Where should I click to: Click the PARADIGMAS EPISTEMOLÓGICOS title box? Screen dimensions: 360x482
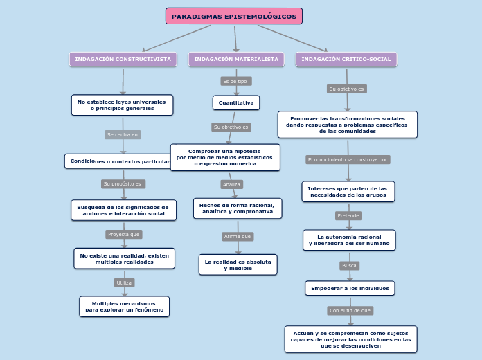(234, 16)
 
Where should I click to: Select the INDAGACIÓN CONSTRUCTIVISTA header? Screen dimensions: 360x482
(123, 60)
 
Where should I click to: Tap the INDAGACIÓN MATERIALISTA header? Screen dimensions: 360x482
(236, 60)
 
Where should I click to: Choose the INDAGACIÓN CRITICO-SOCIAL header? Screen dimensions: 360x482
(346, 60)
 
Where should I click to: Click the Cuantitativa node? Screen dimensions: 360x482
(236, 102)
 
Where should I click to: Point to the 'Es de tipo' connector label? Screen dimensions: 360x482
(235, 81)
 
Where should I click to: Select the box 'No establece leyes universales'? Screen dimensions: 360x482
(122, 105)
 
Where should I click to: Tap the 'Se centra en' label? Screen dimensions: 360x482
(123, 134)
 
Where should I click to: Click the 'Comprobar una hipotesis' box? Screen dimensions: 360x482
(225, 157)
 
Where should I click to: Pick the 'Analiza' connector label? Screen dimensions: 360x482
(231, 184)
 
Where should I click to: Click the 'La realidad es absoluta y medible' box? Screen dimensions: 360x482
(238, 264)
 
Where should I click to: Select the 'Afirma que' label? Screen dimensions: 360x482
(238, 236)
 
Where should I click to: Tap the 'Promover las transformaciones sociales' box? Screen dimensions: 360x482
(348, 125)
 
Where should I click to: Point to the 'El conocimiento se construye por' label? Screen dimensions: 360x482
(348, 159)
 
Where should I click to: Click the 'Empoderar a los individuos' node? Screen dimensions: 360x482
(350, 288)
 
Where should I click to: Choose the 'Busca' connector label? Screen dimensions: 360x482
(350, 265)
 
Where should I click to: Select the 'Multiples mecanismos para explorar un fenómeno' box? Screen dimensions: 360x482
(125, 307)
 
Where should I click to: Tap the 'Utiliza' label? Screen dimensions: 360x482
(124, 282)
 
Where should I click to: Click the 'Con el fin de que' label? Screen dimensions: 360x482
(350, 311)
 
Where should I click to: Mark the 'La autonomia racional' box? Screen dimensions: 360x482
(349, 240)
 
